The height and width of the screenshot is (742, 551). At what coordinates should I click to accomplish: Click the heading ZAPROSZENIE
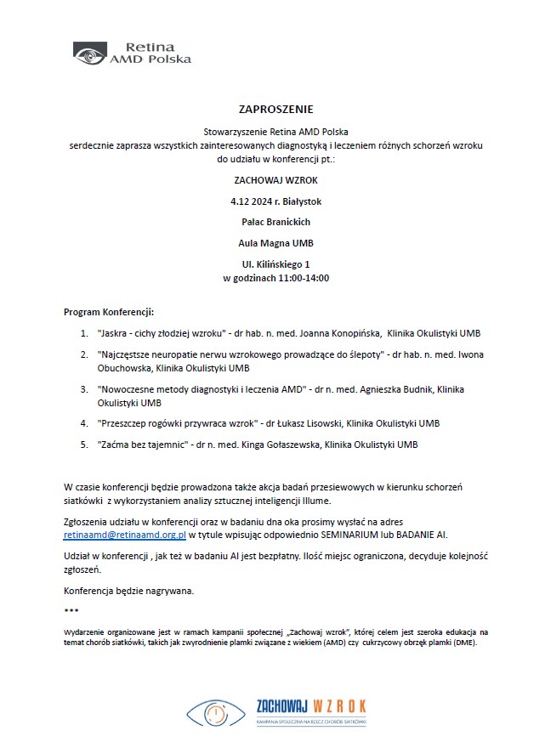tap(275, 110)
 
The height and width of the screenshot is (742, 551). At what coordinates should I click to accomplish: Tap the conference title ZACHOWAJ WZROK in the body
tap(275, 180)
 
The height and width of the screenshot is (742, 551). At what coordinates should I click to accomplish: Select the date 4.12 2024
tap(253, 201)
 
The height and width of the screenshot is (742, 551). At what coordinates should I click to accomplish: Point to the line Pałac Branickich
tap(275, 222)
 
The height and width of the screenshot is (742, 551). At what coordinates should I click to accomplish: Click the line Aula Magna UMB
tap(275, 243)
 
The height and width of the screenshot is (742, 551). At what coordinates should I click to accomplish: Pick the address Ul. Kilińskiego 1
tap(275, 264)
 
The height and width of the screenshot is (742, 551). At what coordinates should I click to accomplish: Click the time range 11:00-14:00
tap(302, 278)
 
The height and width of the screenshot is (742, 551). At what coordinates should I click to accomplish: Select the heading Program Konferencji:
tap(109, 312)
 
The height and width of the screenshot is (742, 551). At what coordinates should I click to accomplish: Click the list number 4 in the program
tap(83, 423)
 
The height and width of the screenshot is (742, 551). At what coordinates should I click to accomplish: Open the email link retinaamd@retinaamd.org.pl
tap(125, 535)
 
